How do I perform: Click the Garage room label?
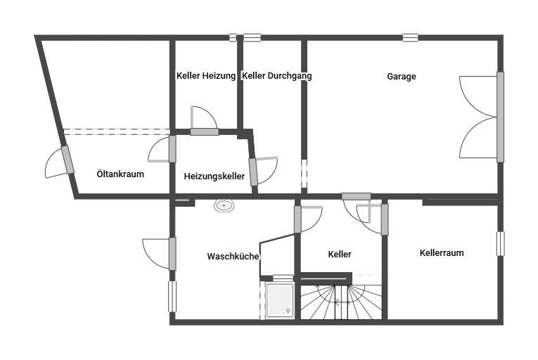pyautogui.click(x=402, y=76)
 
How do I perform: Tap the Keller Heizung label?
pyautogui.click(x=206, y=75)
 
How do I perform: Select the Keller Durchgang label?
pyautogui.click(x=277, y=75)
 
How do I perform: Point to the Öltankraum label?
pyautogui.click(x=120, y=174)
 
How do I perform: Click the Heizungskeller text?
pyautogui.click(x=214, y=176)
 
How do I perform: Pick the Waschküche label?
pyautogui.click(x=233, y=256)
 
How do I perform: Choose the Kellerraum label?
pyautogui.click(x=442, y=252)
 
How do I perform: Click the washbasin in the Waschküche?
pyautogui.click(x=224, y=205)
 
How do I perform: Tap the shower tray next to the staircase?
pyautogui.click(x=280, y=300)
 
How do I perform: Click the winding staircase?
pyautogui.click(x=341, y=302)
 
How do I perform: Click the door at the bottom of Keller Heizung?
pyautogui.click(x=204, y=121)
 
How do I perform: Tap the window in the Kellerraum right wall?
pyautogui.click(x=501, y=244)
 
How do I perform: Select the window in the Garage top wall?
pyautogui.click(x=411, y=37)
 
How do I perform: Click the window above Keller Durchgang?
pyautogui.click(x=252, y=37)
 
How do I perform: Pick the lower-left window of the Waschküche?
pyautogui.click(x=172, y=297)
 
